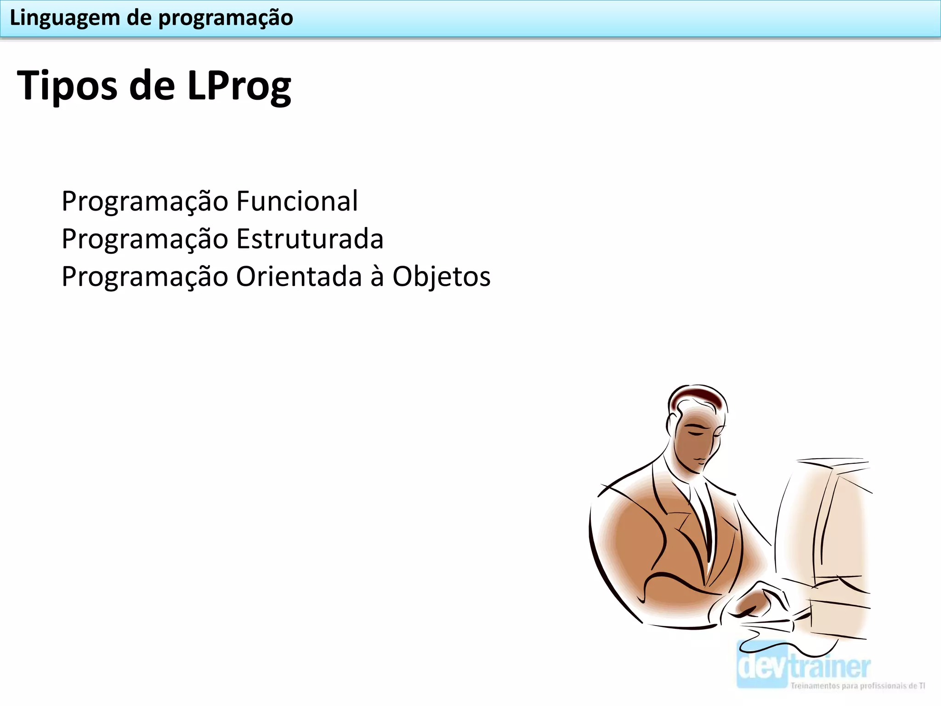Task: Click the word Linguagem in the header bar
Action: coord(65,18)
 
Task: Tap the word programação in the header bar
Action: coord(226,18)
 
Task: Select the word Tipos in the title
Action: coord(67,86)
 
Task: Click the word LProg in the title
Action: coord(239,86)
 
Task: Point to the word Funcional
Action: coord(297,201)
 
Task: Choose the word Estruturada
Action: coord(310,239)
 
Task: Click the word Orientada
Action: coord(299,277)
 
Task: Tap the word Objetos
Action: coord(441,277)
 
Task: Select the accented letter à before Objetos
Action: coord(377,277)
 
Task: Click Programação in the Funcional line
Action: coord(145,202)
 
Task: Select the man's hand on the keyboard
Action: coord(758,602)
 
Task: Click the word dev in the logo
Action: coord(763,666)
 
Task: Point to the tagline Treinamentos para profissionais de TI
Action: coord(857,686)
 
